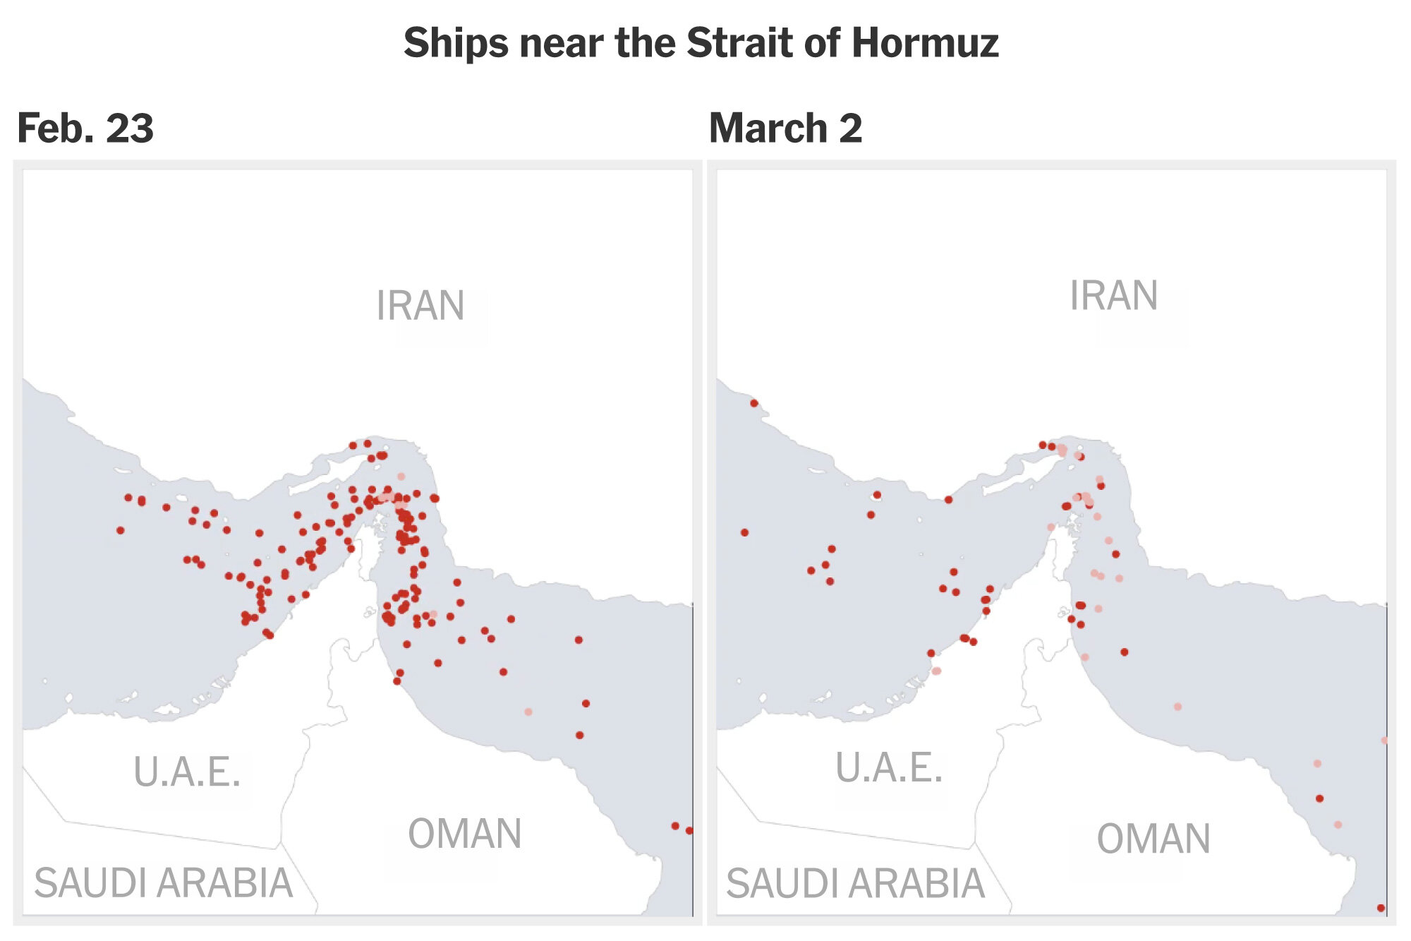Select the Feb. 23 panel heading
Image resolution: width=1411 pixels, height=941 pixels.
tap(85, 128)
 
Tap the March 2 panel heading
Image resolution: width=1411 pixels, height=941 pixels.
tap(785, 128)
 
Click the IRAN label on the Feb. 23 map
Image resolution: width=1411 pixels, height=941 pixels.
tap(420, 306)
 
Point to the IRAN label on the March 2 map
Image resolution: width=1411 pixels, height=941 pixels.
tap(1114, 295)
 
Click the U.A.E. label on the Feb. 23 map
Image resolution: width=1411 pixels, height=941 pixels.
tap(187, 772)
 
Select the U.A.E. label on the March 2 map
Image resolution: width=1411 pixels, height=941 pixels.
tap(889, 768)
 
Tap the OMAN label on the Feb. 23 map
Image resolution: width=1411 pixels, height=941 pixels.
tap(465, 834)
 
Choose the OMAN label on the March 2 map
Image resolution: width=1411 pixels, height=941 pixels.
tap(1153, 839)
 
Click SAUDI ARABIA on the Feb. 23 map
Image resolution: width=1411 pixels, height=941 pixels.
tap(164, 883)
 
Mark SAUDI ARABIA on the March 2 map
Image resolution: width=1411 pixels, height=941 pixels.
tap(856, 883)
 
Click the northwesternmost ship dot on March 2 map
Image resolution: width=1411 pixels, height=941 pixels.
tap(754, 403)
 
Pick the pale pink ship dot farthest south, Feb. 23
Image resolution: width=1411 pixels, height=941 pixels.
tap(528, 712)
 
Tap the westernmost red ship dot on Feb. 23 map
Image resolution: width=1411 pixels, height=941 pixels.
tap(121, 530)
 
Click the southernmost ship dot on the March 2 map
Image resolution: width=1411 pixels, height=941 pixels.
tap(1381, 908)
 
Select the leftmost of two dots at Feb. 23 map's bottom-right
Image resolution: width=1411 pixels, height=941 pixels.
tap(675, 826)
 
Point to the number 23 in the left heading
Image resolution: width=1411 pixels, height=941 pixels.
tap(130, 128)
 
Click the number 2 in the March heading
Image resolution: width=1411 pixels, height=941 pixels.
tap(851, 128)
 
